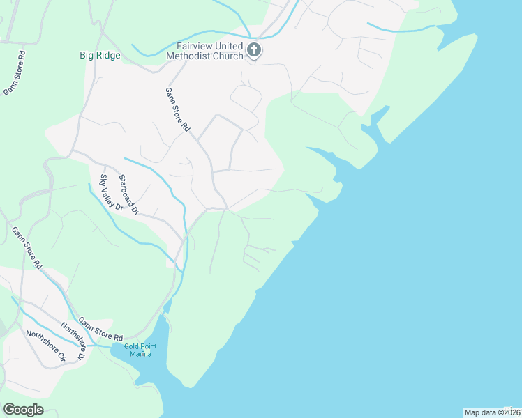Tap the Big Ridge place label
(x=100, y=55)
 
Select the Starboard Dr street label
(x=129, y=194)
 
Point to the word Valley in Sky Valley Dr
(x=111, y=192)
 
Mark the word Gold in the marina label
(x=131, y=346)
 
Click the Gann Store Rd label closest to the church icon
(x=177, y=110)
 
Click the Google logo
(x=23, y=410)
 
